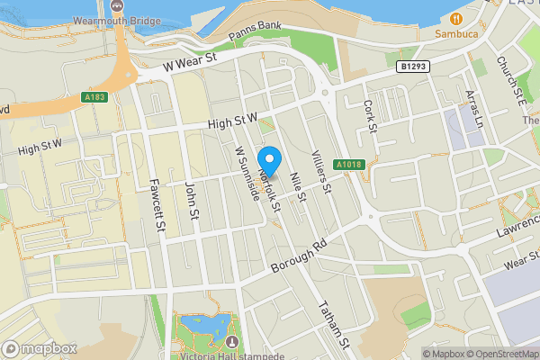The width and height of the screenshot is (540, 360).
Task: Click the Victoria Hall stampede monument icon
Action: click(x=234, y=342)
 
